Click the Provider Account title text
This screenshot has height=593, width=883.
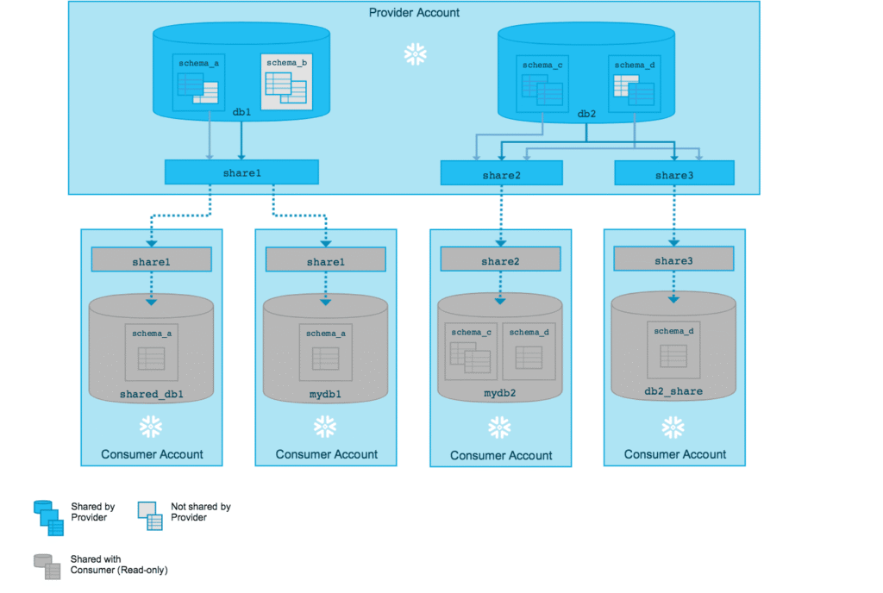click(414, 12)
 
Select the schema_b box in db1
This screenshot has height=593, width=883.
click(285, 81)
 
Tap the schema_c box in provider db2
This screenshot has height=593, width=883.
click(542, 84)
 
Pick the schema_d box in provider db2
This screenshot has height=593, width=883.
click(634, 84)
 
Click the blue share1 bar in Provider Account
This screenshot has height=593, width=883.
click(241, 172)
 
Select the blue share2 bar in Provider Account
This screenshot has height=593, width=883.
click(500, 174)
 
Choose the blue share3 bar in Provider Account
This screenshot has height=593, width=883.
click(673, 174)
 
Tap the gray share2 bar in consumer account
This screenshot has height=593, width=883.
click(500, 259)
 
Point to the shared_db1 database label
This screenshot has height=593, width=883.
click(151, 394)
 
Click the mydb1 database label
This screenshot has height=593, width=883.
click(325, 394)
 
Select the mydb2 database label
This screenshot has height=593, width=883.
click(499, 393)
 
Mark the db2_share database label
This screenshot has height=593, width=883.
click(673, 391)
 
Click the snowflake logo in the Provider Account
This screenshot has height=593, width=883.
click(416, 55)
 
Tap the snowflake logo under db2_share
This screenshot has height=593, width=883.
click(673, 427)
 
